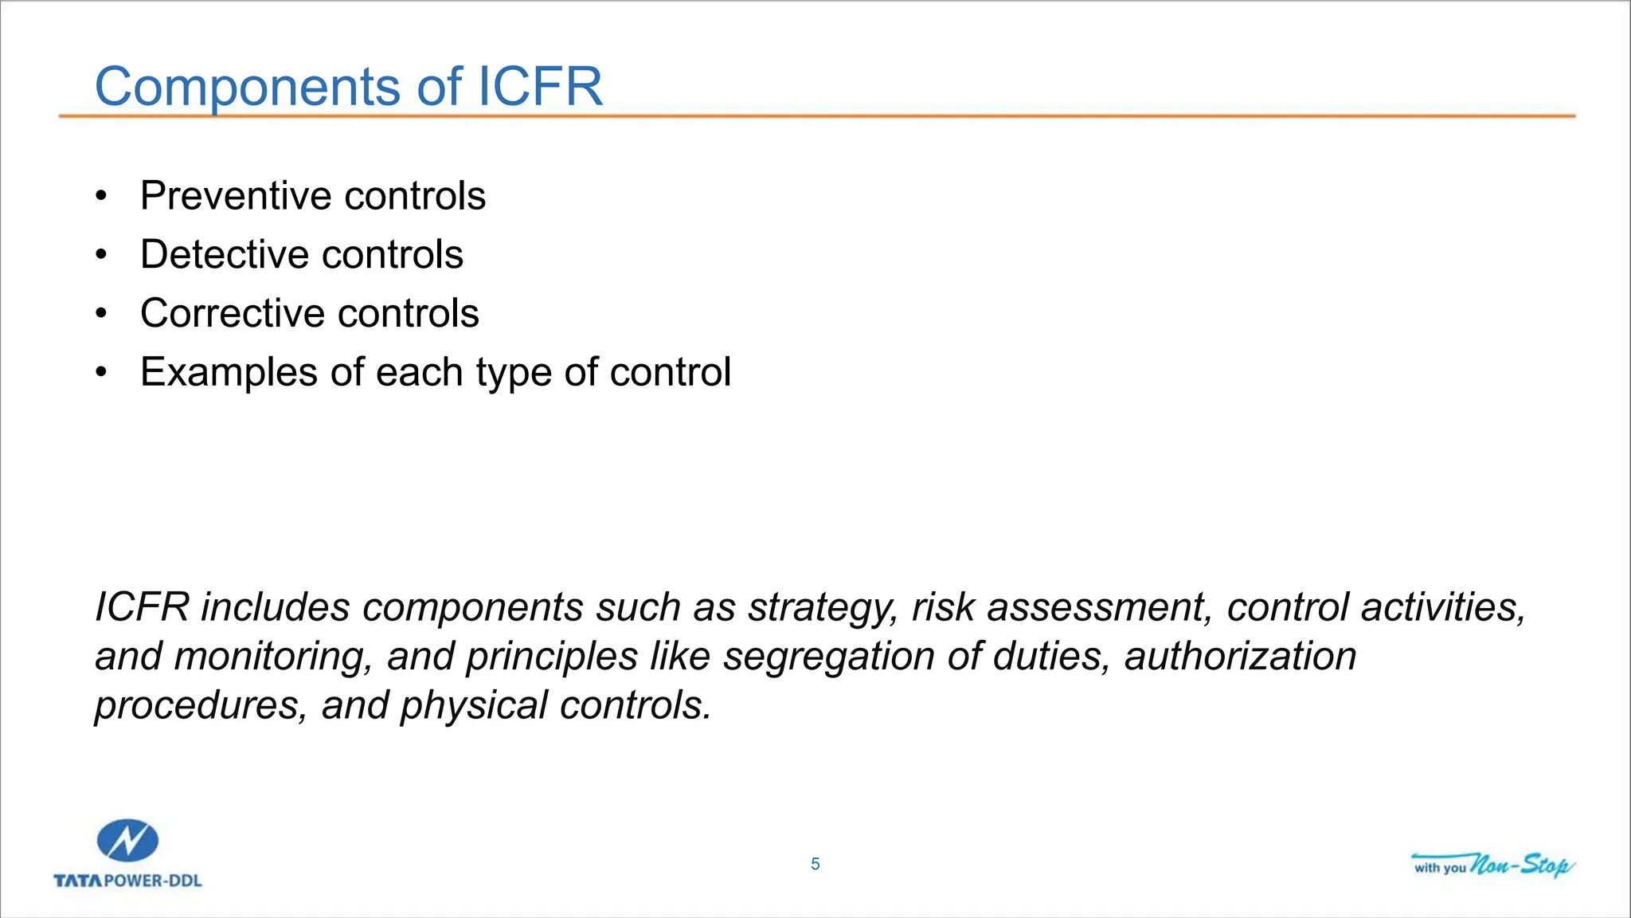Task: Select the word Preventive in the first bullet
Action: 235,196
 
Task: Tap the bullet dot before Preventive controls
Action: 100,197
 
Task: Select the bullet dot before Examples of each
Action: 100,373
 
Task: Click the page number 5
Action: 815,865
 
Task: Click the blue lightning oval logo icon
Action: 127,841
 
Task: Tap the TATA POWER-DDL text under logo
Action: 127,881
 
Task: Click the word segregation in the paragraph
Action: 827,657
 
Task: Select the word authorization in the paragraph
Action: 1240,657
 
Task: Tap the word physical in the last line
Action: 474,706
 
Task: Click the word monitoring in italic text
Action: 274,657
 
